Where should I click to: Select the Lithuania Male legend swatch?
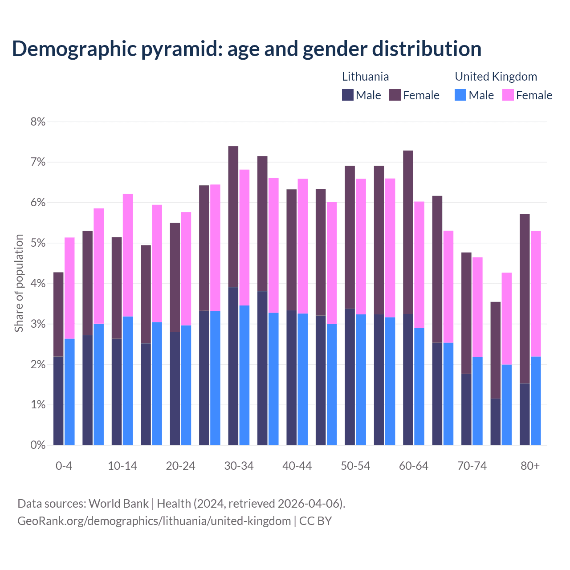click(x=348, y=95)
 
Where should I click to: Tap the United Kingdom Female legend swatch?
click(x=508, y=95)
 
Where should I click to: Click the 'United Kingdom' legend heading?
click(x=496, y=77)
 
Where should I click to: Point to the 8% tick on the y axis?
click(x=38, y=122)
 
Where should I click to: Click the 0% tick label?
click(x=38, y=445)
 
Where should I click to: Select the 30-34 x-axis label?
click(x=239, y=466)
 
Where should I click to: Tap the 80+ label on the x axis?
click(x=530, y=466)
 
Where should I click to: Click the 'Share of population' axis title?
click(x=19, y=283)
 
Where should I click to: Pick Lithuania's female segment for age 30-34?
click(x=233, y=217)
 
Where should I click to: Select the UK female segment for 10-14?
click(x=128, y=255)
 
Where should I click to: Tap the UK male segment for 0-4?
click(x=69, y=392)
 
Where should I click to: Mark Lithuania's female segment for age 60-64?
click(x=408, y=232)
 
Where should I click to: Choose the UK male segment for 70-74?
click(x=477, y=401)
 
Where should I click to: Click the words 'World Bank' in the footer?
click(x=118, y=504)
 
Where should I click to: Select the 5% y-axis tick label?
click(x=38, y=243)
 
